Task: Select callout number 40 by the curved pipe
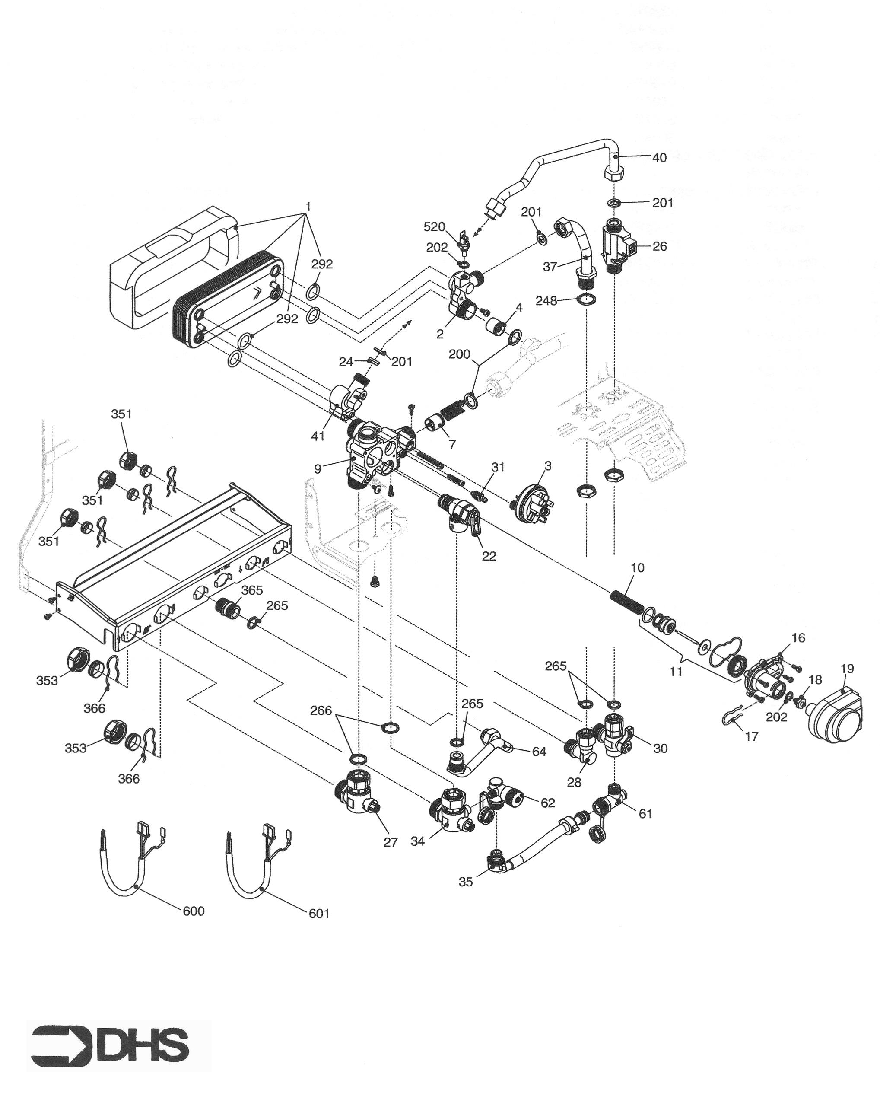pos(660,158)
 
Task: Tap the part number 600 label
pos(194,911)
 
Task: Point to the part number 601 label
pos(319,914)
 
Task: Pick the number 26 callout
pos(660,246)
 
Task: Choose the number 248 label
pos(546,300)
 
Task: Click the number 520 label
pos(434,227)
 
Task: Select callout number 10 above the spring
pos(637,567)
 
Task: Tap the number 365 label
pos(252,590)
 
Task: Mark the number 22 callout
pos(489,556)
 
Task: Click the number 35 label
pos(466,882)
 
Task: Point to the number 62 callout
pos(547,803)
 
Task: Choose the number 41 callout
pos(318,436)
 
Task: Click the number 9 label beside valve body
pos(318,468)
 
